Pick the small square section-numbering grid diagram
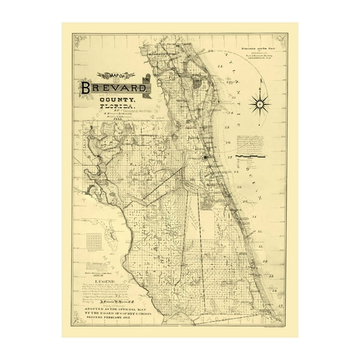pos(93,239)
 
